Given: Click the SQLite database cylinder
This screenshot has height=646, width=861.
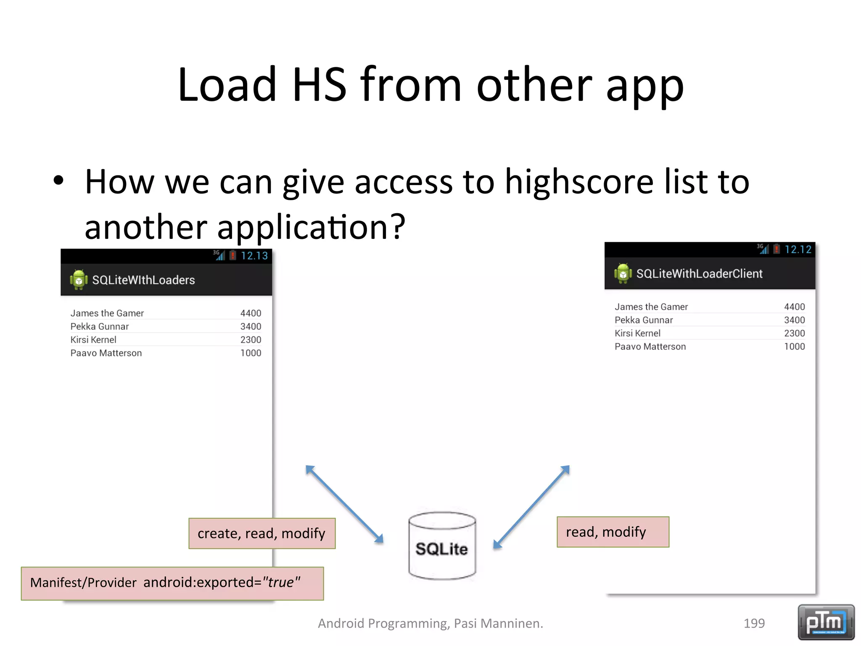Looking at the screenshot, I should click(442, 546).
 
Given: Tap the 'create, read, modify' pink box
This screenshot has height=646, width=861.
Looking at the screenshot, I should click(262, 533).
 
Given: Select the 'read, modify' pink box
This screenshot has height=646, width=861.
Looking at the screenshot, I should click(613, 532).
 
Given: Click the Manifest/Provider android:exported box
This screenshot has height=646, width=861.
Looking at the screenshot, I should click(172, 583).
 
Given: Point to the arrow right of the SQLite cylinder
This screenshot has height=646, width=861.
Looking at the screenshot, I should click(531, 507).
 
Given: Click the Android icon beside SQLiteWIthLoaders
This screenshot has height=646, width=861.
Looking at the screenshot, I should click(79, 280).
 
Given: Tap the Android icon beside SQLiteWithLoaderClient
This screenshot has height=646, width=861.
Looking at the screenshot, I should click(623, 273).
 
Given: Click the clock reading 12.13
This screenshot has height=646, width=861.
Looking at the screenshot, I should click(254, 256).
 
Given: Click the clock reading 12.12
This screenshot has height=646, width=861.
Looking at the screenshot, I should click(798, 249).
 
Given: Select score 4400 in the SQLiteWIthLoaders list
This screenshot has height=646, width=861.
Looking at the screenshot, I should click(251, 313).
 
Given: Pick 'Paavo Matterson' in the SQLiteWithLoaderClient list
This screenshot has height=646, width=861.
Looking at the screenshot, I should click(650, 347).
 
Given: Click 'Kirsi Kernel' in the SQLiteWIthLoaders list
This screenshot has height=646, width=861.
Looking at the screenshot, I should click(93, 340).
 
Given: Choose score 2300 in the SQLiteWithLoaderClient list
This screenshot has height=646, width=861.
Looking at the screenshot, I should click(794, 334).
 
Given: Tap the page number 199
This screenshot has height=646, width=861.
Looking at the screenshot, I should click(754, 623).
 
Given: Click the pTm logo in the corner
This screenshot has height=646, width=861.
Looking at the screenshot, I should click(826, 622).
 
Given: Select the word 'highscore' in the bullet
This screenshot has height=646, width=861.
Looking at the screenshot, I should click(579, 182).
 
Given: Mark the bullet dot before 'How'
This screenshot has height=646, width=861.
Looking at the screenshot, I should click(59, 181).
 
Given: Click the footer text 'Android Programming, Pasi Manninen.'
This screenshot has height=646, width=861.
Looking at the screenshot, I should click(430, 623).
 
